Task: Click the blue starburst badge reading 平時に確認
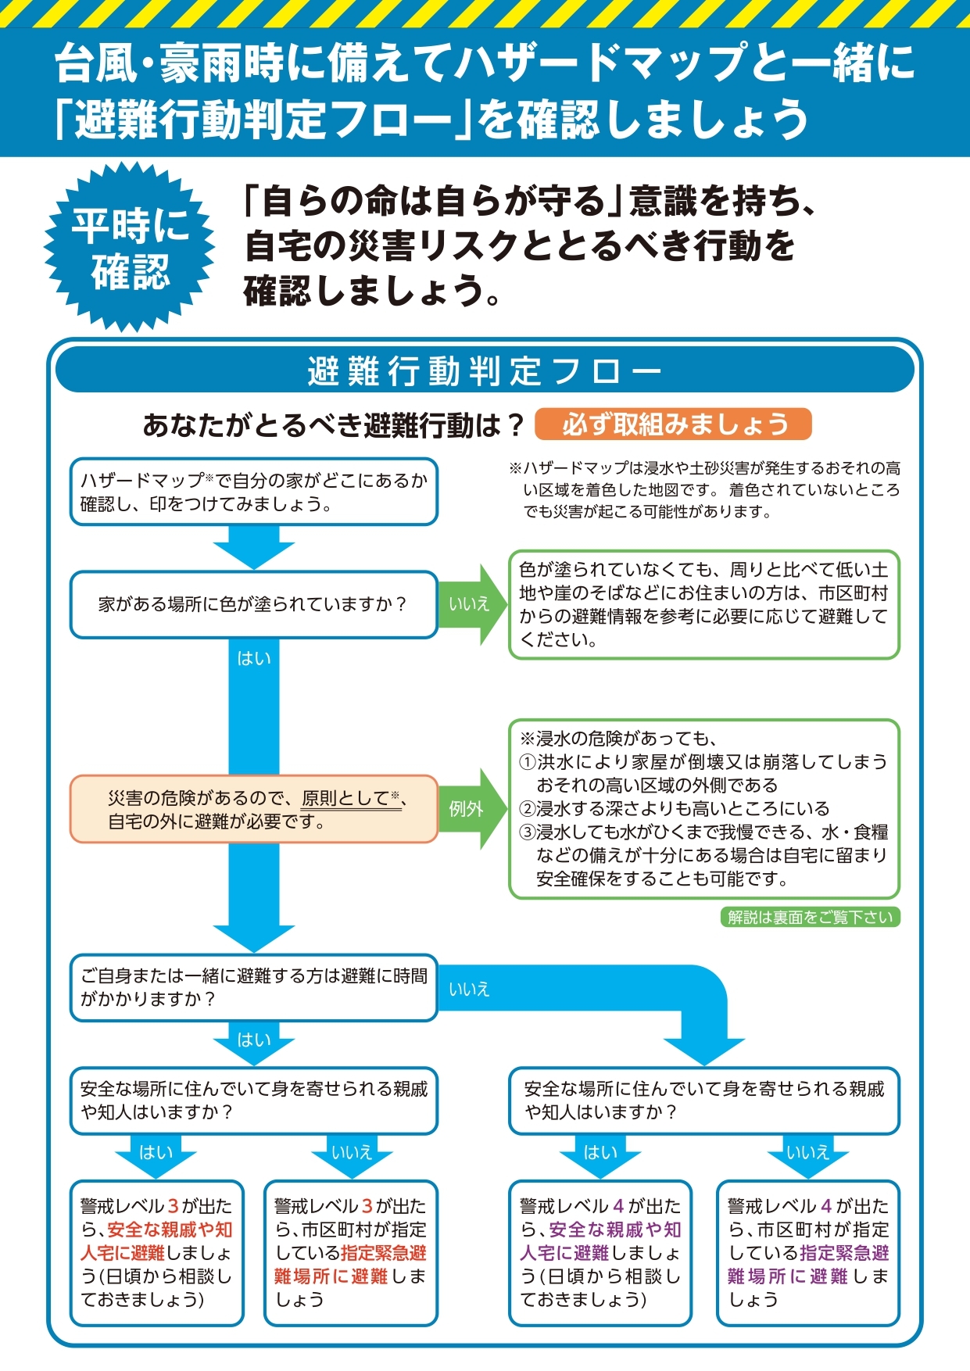click(x=130, y=247)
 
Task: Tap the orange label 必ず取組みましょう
click(x=673, y=424)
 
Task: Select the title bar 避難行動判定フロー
click(x=485, y=370)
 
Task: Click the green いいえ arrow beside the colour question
click(x=471, y=604)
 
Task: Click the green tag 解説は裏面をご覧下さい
click(x=810, y=917)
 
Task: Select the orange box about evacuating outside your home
click(x=253, y=809)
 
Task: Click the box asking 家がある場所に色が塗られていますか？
click(x=253, y=604)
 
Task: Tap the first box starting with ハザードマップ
click(x=253, y=492)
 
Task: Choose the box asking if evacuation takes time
click(x=253, y=987)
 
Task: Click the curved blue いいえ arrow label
click(x=469, y=990)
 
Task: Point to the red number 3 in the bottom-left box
click(x=174, y=1206)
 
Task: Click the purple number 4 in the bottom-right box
click(x=826, y=1206)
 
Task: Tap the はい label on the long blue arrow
click(x=254, y=659)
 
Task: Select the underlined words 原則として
click(x=345, y=798)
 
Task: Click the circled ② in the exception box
click(x=527, y=809)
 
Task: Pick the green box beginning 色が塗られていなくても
click(x=703, y=604)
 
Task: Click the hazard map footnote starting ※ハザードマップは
click(x=703, y=490)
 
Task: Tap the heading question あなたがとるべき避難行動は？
click(x=333, y=425)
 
